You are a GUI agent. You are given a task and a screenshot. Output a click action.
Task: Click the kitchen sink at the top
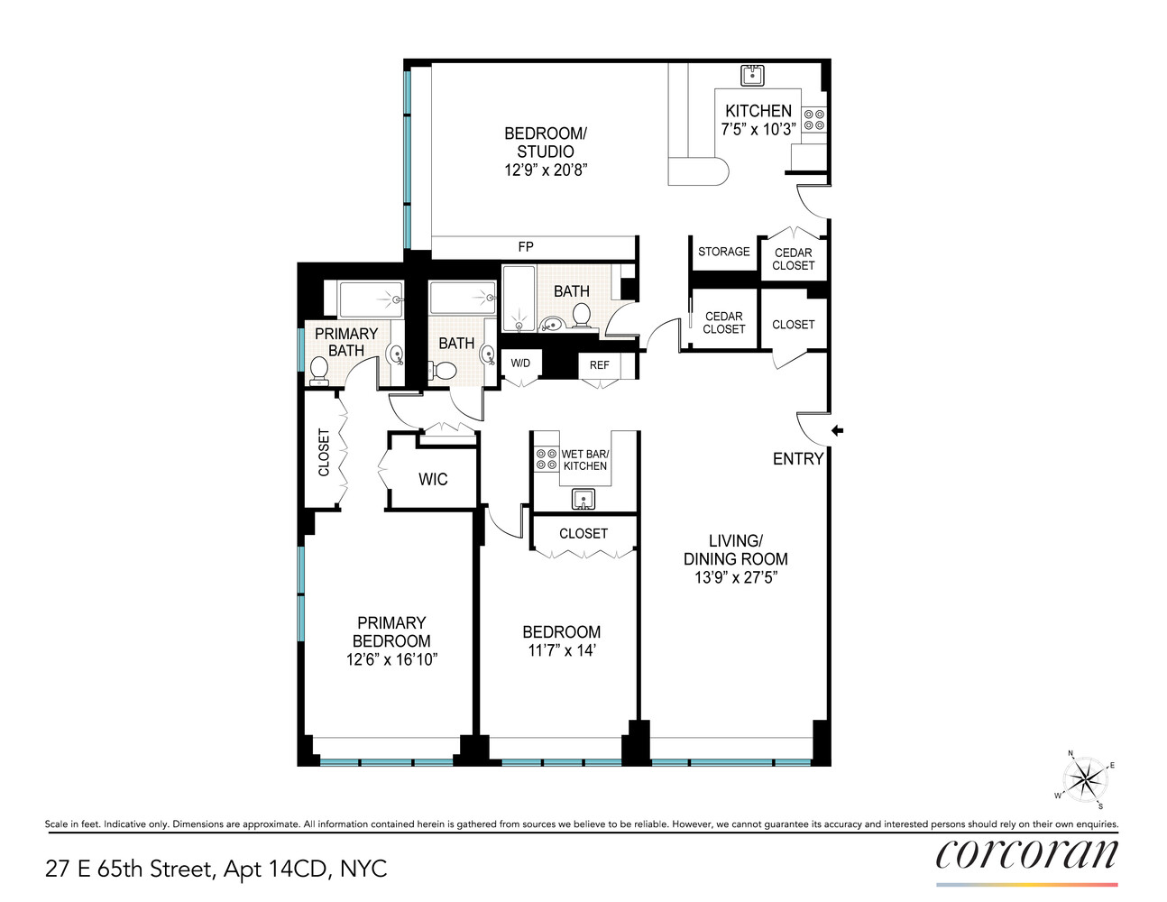[x=752, y=76]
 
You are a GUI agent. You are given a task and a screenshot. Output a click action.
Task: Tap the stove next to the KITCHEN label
[x=813, y=120]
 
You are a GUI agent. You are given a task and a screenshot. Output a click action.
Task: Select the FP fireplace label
[x=526, y=247]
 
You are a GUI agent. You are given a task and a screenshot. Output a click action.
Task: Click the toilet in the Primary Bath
[x=319, y=369]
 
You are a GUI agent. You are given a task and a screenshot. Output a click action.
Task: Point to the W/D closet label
[x=520, y=364]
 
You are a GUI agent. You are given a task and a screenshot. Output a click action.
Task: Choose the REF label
[x=600, y=365]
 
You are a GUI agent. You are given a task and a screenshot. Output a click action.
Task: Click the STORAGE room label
[x=723, y=252]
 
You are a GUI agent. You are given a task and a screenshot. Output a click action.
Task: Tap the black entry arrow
[x=837, y=431]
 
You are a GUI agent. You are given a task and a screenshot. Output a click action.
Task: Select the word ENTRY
[x=798, y=459]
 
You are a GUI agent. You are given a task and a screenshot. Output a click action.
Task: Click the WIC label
[x=433, y=480]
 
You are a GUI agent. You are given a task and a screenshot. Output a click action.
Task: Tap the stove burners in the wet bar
[x=546, y=459]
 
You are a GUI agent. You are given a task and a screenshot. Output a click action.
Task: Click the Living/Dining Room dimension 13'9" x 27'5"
[x=735, y=577]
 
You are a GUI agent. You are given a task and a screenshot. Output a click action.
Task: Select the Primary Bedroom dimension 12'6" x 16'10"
[x=391, y=659]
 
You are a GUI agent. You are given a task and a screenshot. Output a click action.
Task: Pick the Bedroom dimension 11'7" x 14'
[x=561, y=650]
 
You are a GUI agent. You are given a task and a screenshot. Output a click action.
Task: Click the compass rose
[x=1087, y=780]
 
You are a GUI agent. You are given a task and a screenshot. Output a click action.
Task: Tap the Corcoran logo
[x=1026, y=855]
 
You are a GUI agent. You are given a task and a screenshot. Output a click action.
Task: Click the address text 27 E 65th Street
[x=130, y=869]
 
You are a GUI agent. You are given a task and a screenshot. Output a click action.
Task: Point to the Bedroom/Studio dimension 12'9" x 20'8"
[x=545, y=170]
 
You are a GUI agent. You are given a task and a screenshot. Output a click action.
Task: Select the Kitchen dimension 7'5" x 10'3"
[x=758, y=129]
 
